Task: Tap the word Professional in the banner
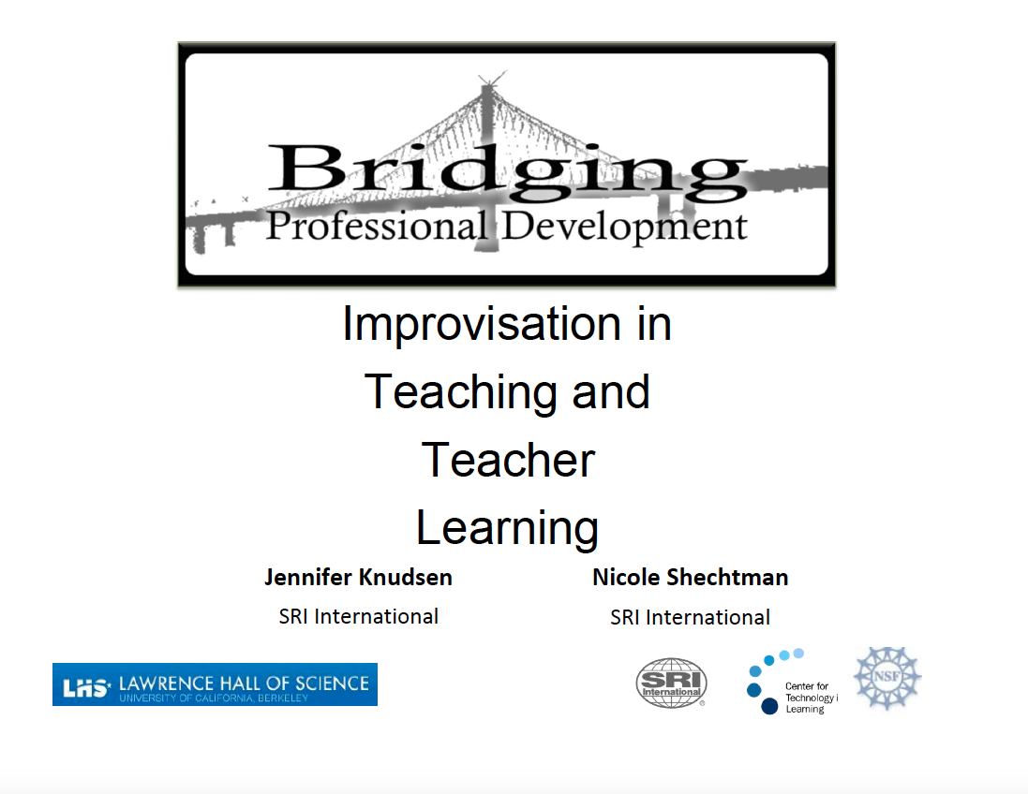click(x=376, y=227)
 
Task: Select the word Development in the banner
click(x=624, y=227)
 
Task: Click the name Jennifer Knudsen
click(x=358, y=577)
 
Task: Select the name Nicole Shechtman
click(x=690, y=577)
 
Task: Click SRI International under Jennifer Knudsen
click(x=358, y=616)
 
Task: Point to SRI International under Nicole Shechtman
click(x=690, y=617)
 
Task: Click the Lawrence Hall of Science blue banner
click(x=215, y=684)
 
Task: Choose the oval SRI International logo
click(x=671, y=684)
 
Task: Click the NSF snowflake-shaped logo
click(x=886, y=678)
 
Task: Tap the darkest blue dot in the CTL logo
click(x=769, y=706)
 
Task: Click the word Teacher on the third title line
click(x=507, y=460)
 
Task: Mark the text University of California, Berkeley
click(x=213, y=698)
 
